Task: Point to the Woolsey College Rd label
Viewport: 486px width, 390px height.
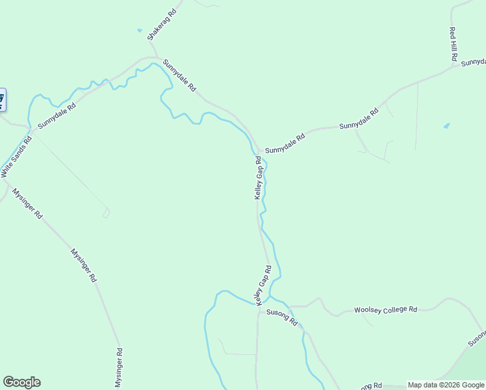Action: point(385,310)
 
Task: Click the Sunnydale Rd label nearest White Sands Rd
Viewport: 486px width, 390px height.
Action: point(57,114)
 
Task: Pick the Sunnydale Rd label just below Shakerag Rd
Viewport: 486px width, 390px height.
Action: point(179,75)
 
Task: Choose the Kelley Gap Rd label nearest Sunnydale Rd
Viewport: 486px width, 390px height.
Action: point(258,177)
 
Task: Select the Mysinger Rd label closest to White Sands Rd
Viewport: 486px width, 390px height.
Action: point(27,204)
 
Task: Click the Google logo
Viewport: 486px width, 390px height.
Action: point(21,382)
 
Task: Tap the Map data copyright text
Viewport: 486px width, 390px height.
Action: point(446,385)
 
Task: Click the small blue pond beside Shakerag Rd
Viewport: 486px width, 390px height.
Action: point(139,30)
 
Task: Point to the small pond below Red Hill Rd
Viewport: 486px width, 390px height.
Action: point(446,125)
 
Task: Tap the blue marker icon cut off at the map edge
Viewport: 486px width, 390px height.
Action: point(2,99)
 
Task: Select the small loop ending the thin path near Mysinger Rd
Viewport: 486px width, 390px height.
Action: point(106,213)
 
